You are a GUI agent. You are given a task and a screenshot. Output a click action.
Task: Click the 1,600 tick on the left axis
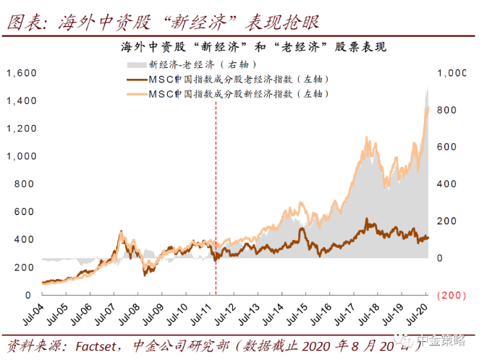click(22, 73)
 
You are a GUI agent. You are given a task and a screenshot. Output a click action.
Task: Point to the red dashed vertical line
click(216, 181)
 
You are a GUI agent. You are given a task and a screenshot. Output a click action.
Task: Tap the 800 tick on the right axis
click(447, 110)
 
